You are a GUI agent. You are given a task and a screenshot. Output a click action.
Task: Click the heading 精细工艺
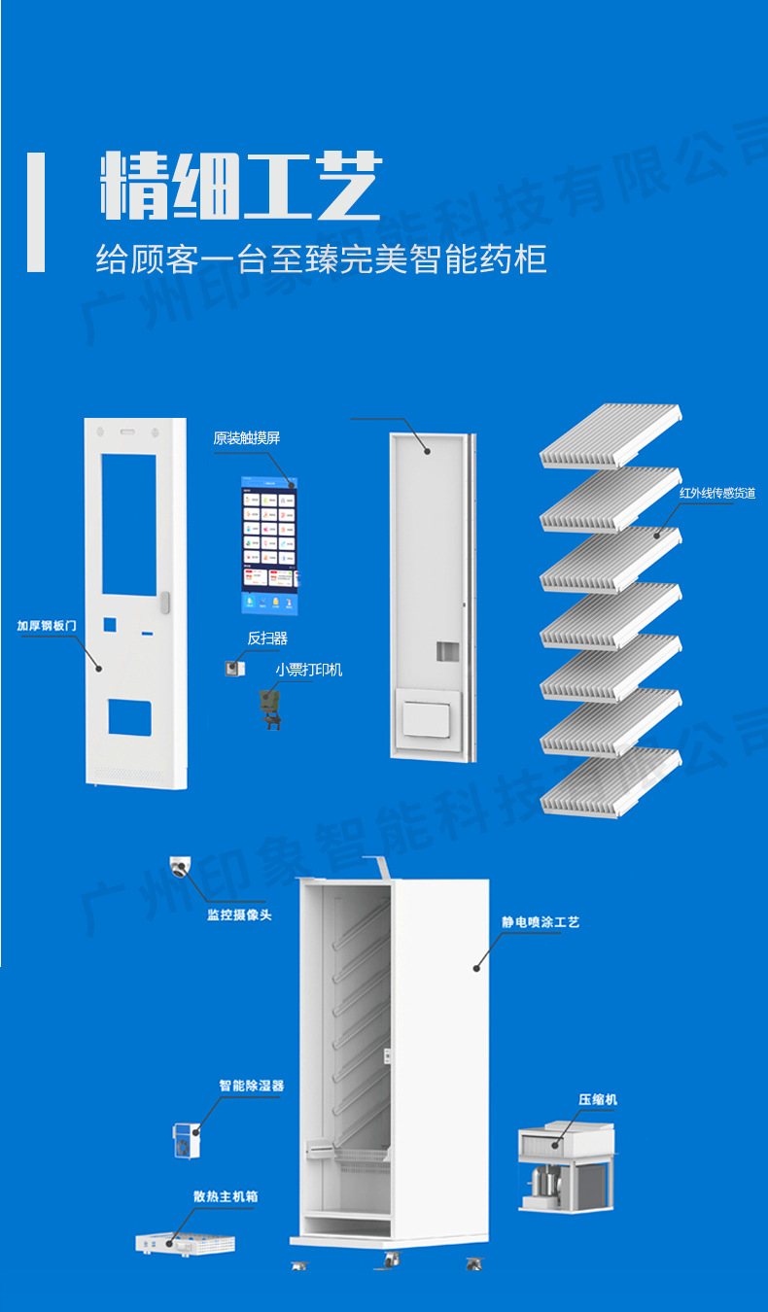click(x=240, y=186)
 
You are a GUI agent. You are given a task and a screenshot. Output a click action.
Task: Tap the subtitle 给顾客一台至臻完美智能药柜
click(x=321, y=259)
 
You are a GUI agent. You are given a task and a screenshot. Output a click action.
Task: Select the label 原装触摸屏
click(x=247, y=438)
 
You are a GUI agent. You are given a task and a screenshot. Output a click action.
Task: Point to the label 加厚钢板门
click(x=46, y=626)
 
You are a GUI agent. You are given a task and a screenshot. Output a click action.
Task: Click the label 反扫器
click(x=267, y=639)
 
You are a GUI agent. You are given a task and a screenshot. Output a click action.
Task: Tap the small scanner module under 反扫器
click(x=234, y=668)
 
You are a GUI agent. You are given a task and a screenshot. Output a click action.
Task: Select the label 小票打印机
click(x=308, y=670)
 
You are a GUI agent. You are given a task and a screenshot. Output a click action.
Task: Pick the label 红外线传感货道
click(x=717, y=494)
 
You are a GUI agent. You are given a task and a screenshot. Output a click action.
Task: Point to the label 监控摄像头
click(x=239, y=915)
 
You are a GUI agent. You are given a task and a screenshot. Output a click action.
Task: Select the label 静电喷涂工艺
click(x=541, y=921)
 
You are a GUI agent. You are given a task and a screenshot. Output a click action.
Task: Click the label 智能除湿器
click(x=251, y=1086)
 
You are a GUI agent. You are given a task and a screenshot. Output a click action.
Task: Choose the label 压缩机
click(x=598, y=1099)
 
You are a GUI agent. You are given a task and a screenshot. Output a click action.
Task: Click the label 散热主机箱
click(x=226, y=1197)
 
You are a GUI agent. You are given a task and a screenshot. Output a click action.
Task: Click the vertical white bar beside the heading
click(x=36, y=212)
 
